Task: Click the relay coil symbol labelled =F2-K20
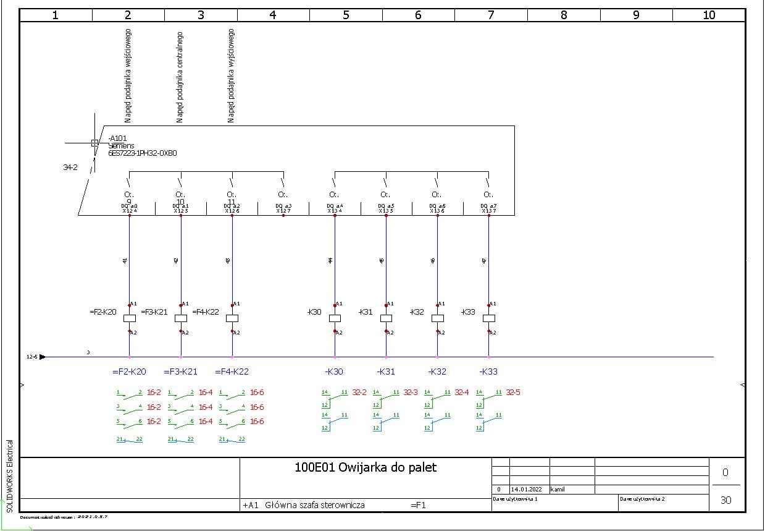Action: tap(130, 318)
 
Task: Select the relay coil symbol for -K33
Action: tap(488, 318)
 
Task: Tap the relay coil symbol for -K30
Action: tap(335, 318)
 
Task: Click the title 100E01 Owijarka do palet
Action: tap(366, 467)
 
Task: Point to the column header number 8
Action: tap(563, 15)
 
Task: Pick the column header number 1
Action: tap(56, 15)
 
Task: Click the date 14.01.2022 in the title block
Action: tap(526, 489)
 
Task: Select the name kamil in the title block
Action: tap(558, 489)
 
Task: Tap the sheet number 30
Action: tap(725, 500)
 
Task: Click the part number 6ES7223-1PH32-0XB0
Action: tap(143, 153)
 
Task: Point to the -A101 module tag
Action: tap(117, 138)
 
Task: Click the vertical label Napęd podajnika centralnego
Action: tap(180, 77)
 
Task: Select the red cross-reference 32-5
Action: tap(513, 393)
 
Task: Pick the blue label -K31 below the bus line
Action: tap(386, 372)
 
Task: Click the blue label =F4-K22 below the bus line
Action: tap(232, 372)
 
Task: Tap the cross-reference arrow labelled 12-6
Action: tap(42, 357)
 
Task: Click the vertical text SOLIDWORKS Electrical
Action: tap(9, 476)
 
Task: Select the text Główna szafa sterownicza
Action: tap(315, 505)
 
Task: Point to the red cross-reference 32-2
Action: tap(359, 393)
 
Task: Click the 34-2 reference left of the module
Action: tap(70, 167)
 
